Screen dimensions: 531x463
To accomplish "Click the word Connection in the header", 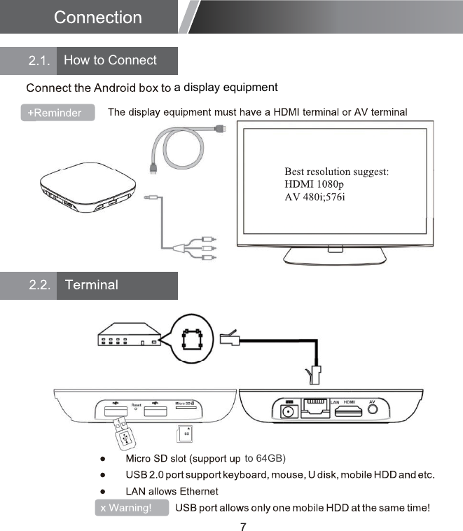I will click(x=97, y=18).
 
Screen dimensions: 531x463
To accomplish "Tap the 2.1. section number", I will click(x=39, y=61).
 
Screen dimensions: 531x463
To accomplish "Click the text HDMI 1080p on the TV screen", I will click(x=314, y=184).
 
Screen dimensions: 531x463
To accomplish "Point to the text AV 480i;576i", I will click(x=315, y=197).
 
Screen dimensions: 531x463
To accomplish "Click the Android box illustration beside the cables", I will click(x=83, y=186).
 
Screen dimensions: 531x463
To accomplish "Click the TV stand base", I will click(x=335, y=260).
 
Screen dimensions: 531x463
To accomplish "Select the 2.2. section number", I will click(x=39, y=285).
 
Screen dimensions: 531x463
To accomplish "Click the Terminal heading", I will click(x=91, y=285).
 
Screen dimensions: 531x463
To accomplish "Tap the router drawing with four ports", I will click(x=129, y=336).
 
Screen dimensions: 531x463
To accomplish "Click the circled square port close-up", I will click(x=193, y=340).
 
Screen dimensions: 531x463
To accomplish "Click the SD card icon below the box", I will click(x=186, y=434).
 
